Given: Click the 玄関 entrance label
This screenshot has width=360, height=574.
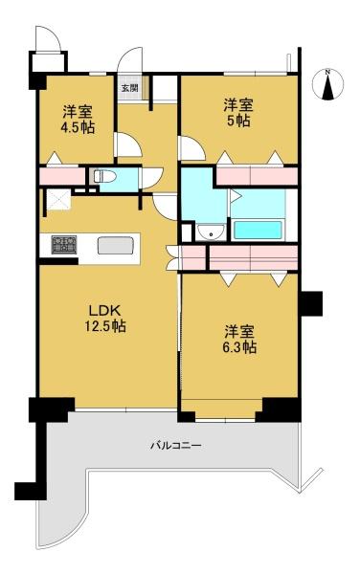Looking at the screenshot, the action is click(x=129, y=88).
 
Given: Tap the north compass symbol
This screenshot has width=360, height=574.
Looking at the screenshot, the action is click(x=328, y=84).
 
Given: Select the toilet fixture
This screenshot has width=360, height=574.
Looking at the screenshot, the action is click(x=104, y=177).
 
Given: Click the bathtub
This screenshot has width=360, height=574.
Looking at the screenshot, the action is click(x=258, y=230).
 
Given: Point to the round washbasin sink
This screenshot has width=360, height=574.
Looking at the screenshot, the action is click(x=211, y=232).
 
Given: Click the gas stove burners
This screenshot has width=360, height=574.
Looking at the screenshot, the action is click(x=64, y=244).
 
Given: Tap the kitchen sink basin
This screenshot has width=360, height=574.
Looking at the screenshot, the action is click(x=115, y=245).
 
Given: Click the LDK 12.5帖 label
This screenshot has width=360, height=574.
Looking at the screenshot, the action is click(x=105, y=318).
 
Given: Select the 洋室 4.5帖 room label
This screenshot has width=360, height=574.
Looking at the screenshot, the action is click(x=78, y=119).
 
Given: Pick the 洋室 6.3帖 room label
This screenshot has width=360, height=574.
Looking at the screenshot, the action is click(x=239, y=339).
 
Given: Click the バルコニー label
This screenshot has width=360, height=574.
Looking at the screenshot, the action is click(x=176, y=446).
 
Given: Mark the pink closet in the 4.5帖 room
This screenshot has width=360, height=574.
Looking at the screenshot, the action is click(x=62, y=176).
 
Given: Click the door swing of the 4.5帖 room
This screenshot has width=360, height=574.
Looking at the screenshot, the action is click(x=127, y=145).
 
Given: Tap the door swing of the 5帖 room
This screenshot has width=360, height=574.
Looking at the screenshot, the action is click(x=191, y=148).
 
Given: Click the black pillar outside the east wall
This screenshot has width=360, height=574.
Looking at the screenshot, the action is click(x=310, y=303).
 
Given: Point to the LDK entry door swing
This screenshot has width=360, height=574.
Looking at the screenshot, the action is click(x=166, y=208).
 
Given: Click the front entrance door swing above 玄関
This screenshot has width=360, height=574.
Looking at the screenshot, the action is click(x=129, y=60).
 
